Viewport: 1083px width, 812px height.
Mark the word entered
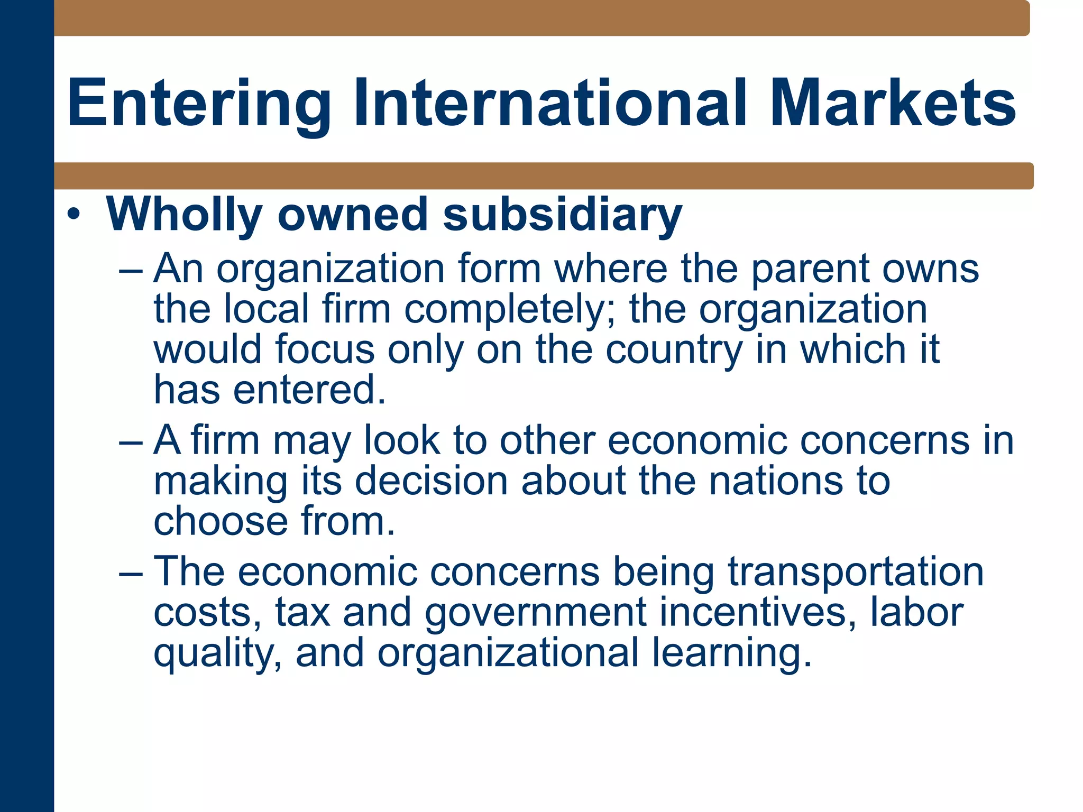click(309, 390)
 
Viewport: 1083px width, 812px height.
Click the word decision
click(431, 481)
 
